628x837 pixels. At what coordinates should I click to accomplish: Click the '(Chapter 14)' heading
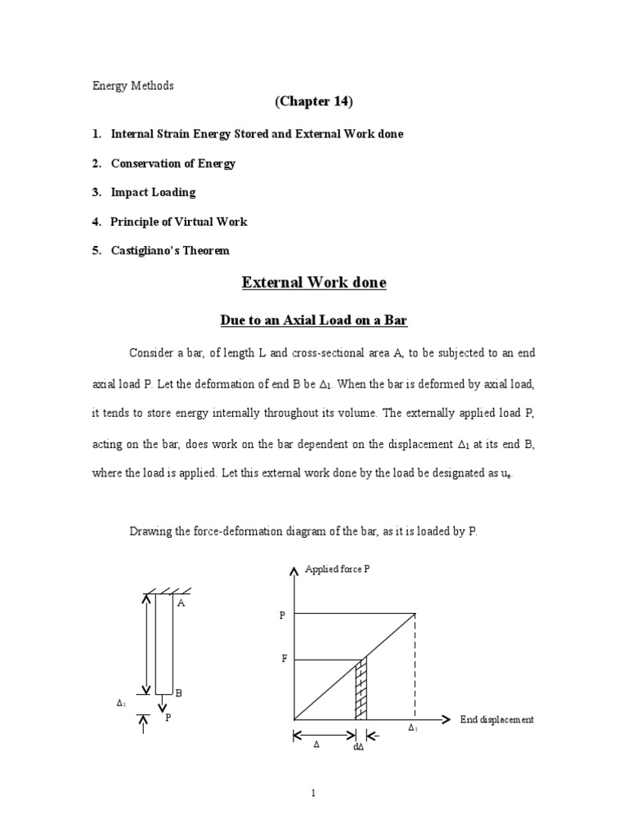(x=314, y=101)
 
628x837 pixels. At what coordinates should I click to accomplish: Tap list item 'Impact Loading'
(x=153, y=192)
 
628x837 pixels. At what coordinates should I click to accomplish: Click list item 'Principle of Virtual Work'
(x=178, y=222)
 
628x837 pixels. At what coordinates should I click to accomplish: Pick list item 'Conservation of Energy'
(x=173, y=163)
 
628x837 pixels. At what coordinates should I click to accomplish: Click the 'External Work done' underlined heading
(x=314, y=283)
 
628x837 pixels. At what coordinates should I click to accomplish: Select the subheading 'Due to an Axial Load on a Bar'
(x=314, y=320)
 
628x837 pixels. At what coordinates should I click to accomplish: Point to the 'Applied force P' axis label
(x=337, y=569)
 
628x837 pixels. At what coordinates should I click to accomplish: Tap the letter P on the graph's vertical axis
(x=282, y=615)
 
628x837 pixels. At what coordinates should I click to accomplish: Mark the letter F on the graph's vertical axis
(x=284, y=658)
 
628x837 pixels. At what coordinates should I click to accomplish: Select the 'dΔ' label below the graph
(x=358, y=746)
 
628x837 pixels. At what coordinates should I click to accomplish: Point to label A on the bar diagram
(x=181, y=603)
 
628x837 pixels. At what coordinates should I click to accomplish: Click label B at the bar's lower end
(x=178, y=693)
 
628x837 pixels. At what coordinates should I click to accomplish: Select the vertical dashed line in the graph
(x=415, y=666)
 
